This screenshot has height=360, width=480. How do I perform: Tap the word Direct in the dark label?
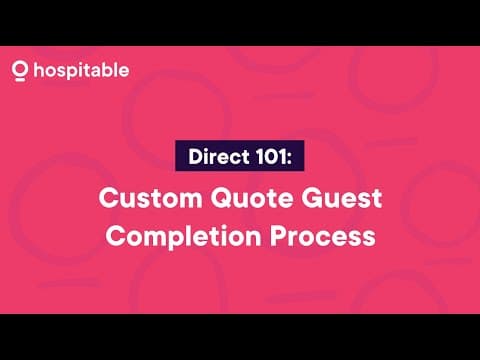point(215,158)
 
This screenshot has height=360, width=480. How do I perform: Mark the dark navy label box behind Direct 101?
point(240,158)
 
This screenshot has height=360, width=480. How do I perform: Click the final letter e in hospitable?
point(123,72)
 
